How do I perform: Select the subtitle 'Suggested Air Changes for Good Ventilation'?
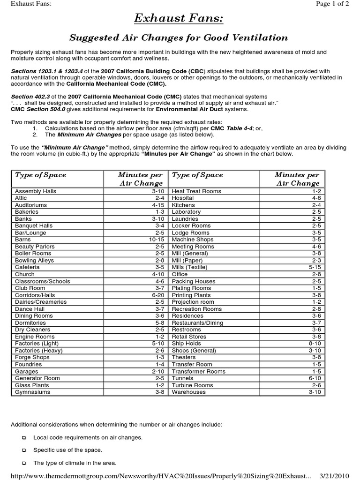click(x=179, y=37)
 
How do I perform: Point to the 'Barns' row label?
click(x=23, y=240)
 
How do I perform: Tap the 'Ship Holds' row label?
click(x=187, y=344)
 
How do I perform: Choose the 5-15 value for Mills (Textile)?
click(x=314, y=267)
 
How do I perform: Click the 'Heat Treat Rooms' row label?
click(x=196, y=191)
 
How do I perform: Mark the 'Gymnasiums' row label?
click(x=32, y=392)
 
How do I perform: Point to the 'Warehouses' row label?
click(x=189, y=392)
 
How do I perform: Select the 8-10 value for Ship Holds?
click(x=314, y=344)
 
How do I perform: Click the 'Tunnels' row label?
click(x=182, y=378)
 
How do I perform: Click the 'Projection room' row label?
click(x=193, y=302)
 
